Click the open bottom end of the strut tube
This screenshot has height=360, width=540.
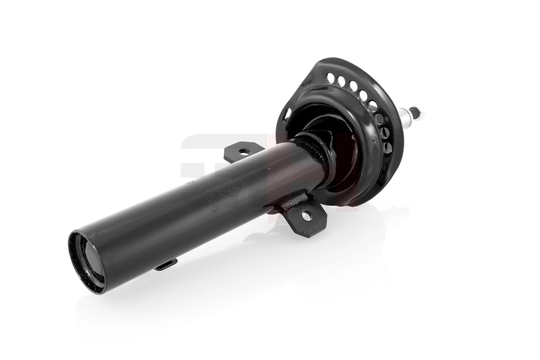click(87, 262)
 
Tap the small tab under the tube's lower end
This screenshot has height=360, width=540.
click(166, 265)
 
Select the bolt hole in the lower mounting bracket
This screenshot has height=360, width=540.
click(306, 216)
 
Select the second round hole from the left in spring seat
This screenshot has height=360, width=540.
click(342, 81)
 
